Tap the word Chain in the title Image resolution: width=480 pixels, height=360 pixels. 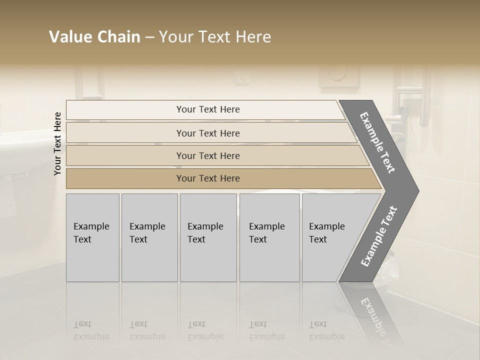(119, 37)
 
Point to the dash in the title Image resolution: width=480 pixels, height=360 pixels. (149, 37)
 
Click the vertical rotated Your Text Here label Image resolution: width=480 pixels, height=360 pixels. (57, 143)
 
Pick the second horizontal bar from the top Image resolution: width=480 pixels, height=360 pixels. (207, 133)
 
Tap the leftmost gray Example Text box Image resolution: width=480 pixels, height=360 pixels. (92, 237)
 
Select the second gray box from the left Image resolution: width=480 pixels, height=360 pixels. (149, 237)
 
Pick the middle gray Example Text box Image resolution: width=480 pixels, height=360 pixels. (208, 237)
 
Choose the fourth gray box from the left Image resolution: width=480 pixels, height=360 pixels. (269, 237)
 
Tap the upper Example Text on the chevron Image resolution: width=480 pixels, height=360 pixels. (377, 142)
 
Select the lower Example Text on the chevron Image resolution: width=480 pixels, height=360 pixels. (378, 236)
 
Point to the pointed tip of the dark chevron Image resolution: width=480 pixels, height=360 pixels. (417, 190)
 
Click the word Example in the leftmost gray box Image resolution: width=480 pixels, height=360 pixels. (91, 226)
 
